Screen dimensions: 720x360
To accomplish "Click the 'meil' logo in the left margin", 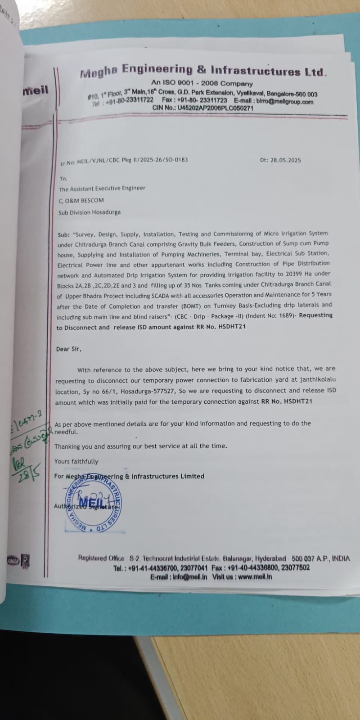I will pyautogui.click(x=36, y=90).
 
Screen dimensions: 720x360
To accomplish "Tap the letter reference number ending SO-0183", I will pyautogui.click(x=124, y=160).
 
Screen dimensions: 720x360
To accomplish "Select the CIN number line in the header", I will pyautogui.click(x=202, y=108).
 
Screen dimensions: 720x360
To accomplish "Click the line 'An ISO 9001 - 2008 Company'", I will pyautogui.click(x=202, y=83).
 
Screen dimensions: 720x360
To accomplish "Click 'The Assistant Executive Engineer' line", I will pyautogui.click(x=102, y=189).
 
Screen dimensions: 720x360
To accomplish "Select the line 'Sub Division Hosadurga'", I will pyautogui.click(x=89, y=212).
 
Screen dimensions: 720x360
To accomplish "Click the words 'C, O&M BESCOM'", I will pyautogui.click(x=81, y=201).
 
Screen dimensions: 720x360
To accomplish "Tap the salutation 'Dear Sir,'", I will pyautogui.click(x=68, y=349).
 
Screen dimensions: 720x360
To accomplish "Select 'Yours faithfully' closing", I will pyautogui.click(x=76, y=461).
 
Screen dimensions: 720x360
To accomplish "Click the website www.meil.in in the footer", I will pyautogui.click(x=255, y=576).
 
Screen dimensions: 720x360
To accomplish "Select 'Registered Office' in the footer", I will pyautogui.click(x=101, y=558).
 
